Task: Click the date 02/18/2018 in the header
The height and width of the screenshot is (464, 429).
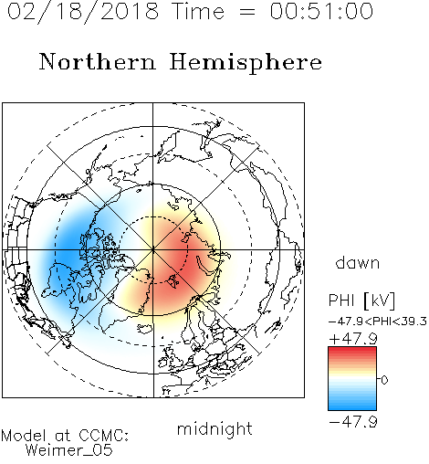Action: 83,12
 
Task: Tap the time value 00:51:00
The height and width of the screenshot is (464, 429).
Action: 321,11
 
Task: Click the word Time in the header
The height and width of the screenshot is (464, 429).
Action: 198,11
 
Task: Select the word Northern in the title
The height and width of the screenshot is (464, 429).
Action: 98,61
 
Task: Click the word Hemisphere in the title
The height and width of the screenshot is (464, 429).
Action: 246,63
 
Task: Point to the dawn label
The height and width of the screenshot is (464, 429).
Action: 358,262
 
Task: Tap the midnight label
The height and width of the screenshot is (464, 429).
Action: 214,429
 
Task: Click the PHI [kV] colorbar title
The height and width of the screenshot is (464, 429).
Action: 362,301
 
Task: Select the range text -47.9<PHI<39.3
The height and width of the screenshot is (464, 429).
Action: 378,322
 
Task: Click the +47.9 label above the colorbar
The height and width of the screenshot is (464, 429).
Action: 353,339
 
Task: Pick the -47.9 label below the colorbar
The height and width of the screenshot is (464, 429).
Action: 353,422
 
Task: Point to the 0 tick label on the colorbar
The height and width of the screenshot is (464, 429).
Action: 384,380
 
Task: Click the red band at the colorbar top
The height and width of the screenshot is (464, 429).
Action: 352,350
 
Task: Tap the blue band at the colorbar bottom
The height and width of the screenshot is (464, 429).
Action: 352,406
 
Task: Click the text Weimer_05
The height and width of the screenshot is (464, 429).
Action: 69,450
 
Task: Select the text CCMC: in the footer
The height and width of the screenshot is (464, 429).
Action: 104,436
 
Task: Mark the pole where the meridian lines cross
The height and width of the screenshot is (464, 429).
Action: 153,249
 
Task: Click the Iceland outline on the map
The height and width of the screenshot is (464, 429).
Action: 146,329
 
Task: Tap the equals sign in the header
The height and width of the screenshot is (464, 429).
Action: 247,12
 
